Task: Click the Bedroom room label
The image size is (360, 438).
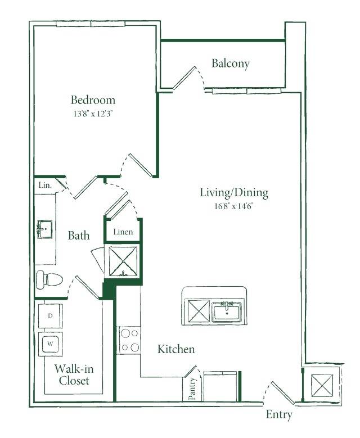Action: (x=93, y=100)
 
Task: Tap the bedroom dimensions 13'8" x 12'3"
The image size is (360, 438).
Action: (x=93, y=114)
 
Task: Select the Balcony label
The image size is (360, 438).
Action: (x=230, y=64)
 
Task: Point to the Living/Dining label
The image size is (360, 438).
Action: (x=234, y=193)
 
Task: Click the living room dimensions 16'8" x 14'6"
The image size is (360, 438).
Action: (x=233, y=206)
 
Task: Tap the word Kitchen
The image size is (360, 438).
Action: (x=176, y=349)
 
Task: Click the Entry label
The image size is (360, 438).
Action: (x=279, y=414)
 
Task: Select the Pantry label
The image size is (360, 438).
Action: (x=192, y=389)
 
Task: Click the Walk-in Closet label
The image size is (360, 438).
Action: (x=74, y=374)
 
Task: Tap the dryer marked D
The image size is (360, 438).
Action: (x=50, y=316)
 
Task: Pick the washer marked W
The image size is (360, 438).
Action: (x=50, y=344)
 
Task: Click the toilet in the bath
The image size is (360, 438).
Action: (x=49, y=279)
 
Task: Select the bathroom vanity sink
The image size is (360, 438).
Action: (x=45, y=229)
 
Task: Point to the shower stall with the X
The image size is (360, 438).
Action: (x=123, y=261)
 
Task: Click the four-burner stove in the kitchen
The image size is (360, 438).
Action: (x=129, y=340)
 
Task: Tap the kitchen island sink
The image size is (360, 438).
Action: (x=227, y=311)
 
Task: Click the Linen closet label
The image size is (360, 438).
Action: (x=123, y=232)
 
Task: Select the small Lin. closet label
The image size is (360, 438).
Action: (x=45, y=185)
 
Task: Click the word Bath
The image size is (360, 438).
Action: (x=79, y=236)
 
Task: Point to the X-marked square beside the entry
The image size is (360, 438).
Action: (x=322, y=386)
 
